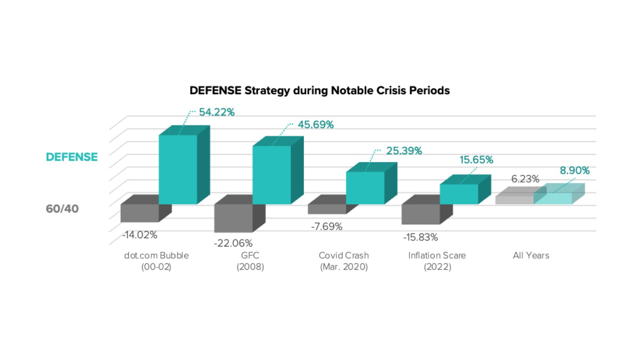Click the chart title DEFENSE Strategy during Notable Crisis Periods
319,91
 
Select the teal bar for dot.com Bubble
178,170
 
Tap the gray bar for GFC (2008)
233,218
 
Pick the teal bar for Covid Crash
365,188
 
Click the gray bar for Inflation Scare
421,214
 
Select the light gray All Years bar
514,200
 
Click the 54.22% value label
216,112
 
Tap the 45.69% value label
315,125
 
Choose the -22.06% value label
233,243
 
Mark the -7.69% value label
326,227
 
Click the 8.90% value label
574,171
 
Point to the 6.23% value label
525,179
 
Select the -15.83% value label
420,238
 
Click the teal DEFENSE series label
72,157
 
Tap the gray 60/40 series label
62,209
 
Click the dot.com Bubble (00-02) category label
156,261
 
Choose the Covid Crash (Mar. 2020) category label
344,261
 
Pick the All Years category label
531,255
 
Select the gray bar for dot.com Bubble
139,213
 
